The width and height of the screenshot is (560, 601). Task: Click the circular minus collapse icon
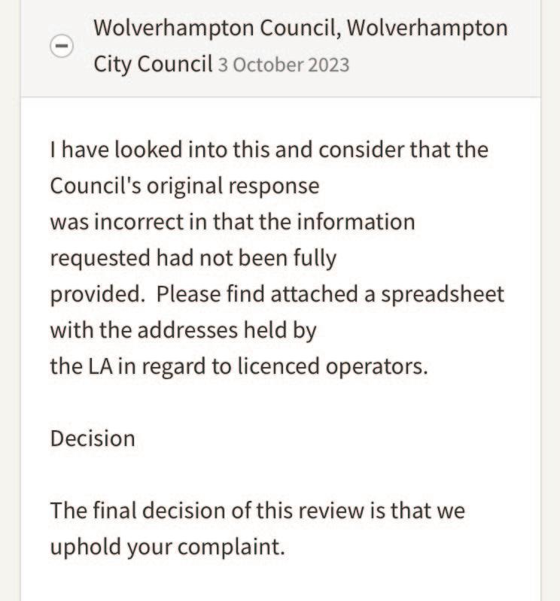(x=62, y=47)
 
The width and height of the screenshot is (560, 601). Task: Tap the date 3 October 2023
(x=284, y=65)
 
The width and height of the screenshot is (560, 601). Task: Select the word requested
(x=100, y=260)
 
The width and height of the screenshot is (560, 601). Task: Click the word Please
(x=189, y=295)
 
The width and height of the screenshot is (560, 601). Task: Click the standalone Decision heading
(x=93, y=439)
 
